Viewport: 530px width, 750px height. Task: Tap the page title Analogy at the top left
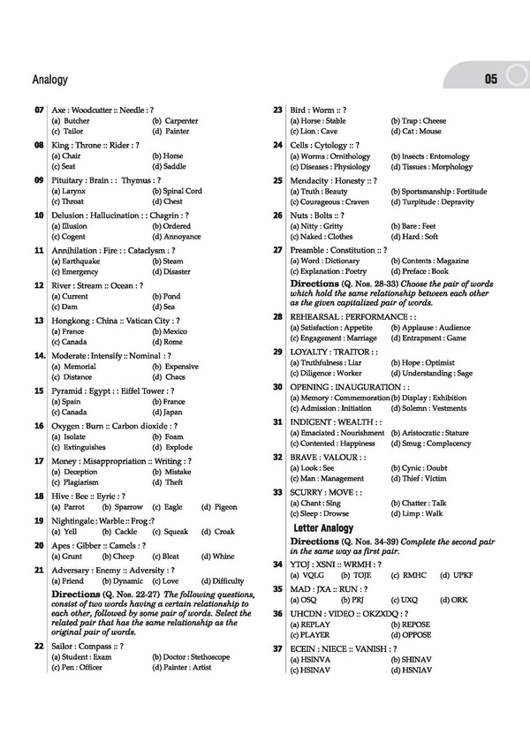pyautogui.click(x=49, y=80)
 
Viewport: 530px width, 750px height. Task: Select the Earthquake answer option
pyautogui.click(x=75, y=261)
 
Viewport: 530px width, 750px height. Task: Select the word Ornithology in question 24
pyautogui.click(x=350, y=156)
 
